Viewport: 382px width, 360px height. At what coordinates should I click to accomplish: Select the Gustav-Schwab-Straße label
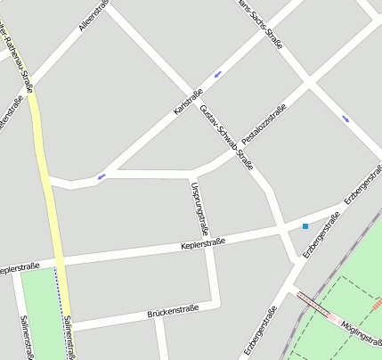pos(228,137)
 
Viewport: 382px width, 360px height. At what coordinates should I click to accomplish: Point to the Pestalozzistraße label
pos(264,125)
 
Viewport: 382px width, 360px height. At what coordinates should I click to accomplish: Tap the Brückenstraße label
pos(171,313)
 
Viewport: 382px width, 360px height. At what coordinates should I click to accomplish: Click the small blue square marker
pos(305,226)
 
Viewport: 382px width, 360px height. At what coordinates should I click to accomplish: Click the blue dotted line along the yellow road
pos(61,303)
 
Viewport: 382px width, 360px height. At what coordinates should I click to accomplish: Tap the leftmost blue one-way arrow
pos(102,176)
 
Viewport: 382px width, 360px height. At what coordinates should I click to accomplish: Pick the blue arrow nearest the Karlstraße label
pos(217,73)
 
